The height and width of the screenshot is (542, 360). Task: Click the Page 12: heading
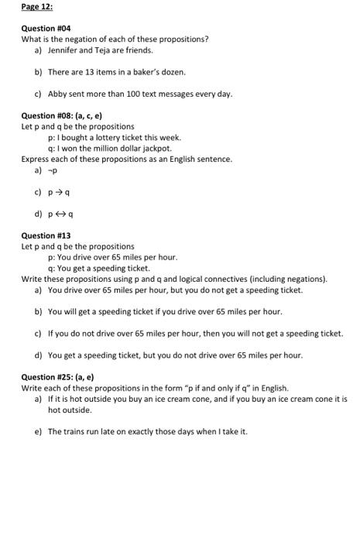[x=37, y=6]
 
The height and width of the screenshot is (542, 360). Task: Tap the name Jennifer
[x=63, y=50]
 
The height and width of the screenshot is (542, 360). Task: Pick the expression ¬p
[x=53, y=170]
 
